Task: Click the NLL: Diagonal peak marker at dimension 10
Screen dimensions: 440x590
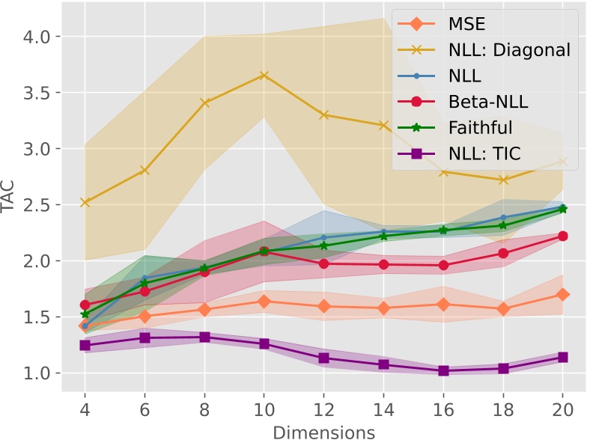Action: [264, 76]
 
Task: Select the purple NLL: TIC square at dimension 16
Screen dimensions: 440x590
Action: [443, 370]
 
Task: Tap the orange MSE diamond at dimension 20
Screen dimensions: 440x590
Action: [562, 295]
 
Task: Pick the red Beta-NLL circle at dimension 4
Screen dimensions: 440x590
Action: [85, 305]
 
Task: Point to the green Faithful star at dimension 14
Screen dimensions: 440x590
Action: [383, 236]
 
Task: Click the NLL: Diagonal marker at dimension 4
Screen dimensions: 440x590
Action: [85, 202]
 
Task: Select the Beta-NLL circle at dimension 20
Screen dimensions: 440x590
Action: [562, 236]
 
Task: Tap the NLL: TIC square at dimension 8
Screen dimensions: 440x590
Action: [204, 337]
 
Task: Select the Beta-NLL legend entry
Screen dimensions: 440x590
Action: [487, 103]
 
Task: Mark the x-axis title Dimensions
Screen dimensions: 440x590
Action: [323, 431]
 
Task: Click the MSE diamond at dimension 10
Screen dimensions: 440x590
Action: [264, 302]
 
